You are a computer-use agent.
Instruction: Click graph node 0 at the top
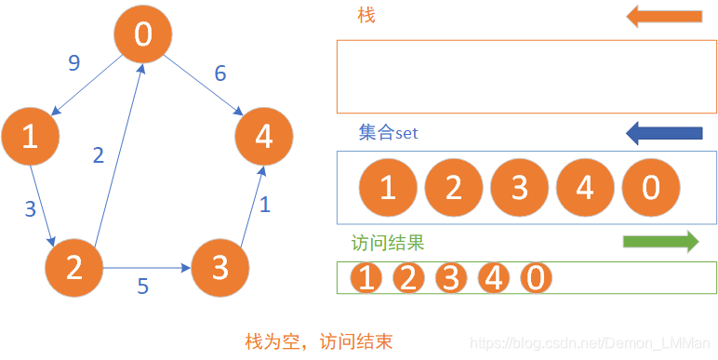point(142,34)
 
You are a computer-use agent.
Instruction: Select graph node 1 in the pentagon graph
point(30,137)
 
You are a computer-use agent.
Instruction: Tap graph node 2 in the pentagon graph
point(74,268)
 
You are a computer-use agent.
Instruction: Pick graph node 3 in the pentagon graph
point(220,268)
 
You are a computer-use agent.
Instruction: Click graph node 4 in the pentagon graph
point(264,137)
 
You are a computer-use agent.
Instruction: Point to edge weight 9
point(74,63)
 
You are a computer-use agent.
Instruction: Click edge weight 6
point(220,73)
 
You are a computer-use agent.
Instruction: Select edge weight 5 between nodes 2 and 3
point(142,287)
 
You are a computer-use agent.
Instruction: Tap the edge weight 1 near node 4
point(264,205)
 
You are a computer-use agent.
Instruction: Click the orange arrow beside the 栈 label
point(664,16)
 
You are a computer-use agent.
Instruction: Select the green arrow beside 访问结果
point(660,242)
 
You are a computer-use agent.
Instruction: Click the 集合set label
point(389,133)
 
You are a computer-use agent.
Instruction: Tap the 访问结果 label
point(388,244)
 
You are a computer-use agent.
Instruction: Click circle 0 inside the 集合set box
point(650,187)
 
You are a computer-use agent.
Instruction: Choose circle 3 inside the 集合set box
point(519,187)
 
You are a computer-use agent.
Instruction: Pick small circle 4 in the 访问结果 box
point(493,277)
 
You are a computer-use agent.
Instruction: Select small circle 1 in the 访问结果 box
point(367,277)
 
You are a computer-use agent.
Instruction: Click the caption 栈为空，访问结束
point(318,341)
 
